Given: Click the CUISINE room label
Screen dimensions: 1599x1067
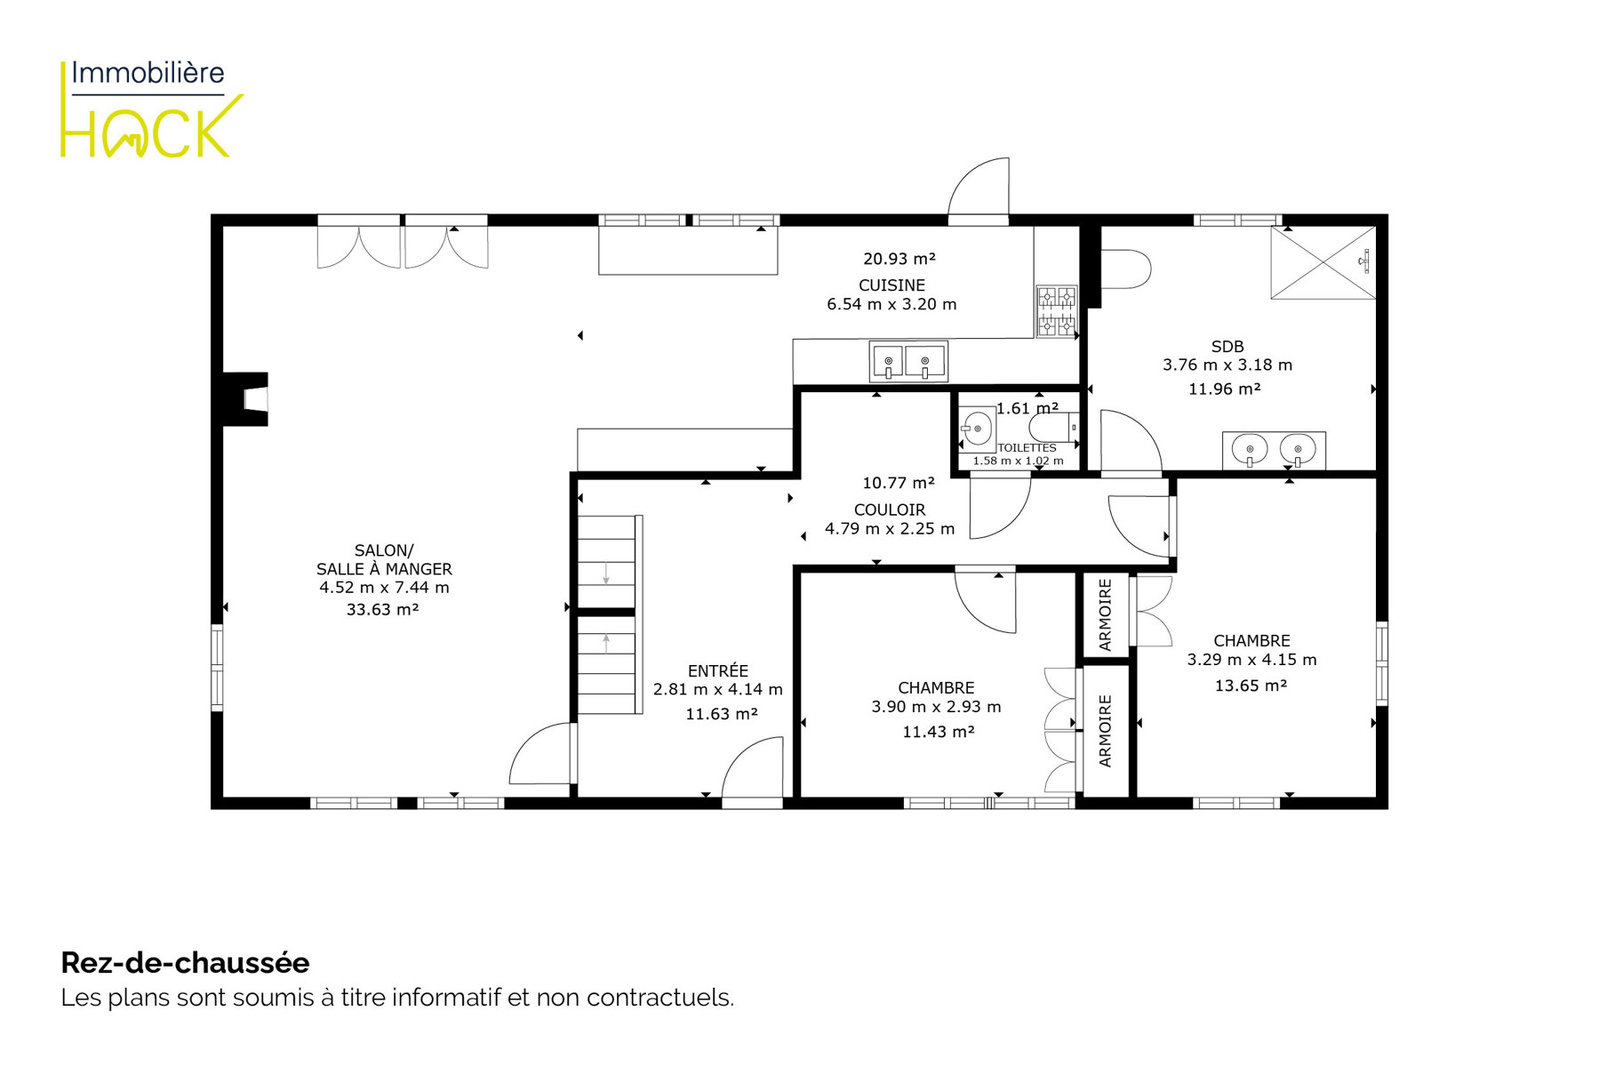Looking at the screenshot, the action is pos(891,285).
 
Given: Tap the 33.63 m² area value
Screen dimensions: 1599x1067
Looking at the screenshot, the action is pos(382,609).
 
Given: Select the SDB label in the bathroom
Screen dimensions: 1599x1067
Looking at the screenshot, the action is pos(1227,347).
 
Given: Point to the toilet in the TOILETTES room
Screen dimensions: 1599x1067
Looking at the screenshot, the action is pos(1054,428).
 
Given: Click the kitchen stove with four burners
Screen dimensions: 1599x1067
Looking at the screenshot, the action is pos(1056,311).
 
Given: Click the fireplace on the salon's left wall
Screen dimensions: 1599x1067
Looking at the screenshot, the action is pos(245,399).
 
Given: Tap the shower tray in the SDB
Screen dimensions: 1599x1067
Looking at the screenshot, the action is pos(1323,262).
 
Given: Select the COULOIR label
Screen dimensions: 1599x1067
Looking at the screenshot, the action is pos(890,509).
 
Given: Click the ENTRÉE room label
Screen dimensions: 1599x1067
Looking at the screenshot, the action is pos(718,670).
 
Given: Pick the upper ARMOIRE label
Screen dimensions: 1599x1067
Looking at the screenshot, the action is pos(1105,615).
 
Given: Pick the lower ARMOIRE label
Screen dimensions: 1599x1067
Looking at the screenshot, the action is pos(1105,731).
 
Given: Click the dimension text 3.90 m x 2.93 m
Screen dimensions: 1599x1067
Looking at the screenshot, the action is pos(936,707).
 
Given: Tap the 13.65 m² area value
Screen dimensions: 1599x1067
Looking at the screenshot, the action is pos(1251,686).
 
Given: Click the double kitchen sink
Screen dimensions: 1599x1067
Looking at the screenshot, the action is pos(908,362).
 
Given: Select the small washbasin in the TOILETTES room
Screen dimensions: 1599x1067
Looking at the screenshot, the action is pos(976,429).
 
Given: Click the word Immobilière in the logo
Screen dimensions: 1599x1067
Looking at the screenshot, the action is pos(148,73).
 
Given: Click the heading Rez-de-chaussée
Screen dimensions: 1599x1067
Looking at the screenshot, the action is pos(185,963).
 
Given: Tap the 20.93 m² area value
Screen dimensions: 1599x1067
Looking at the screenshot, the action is pos(899,259).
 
